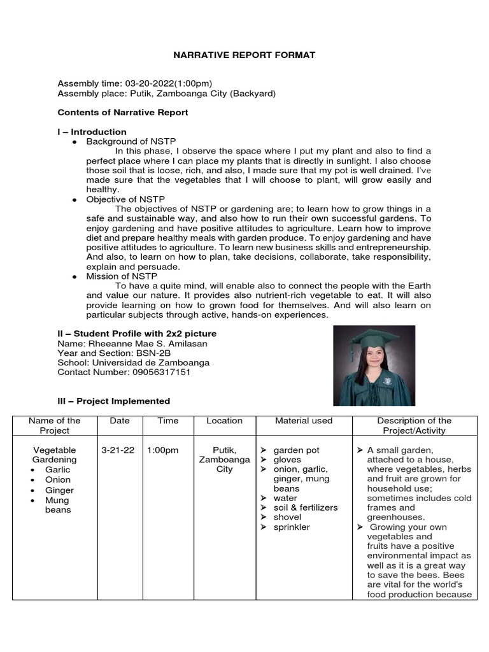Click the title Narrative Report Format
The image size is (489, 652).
pos(244,55)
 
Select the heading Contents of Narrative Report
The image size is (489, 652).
pos(123,113)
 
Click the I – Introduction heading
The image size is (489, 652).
pos(92,132)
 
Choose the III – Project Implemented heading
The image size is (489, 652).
pos(114,401)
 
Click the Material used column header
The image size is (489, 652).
pos(304,421)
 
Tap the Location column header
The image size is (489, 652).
pos(224,421)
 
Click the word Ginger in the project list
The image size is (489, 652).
pos(59,490)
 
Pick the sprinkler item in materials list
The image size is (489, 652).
pos(292,527)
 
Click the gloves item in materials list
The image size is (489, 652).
pos(287,460)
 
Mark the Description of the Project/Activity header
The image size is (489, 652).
pos(414,425)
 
